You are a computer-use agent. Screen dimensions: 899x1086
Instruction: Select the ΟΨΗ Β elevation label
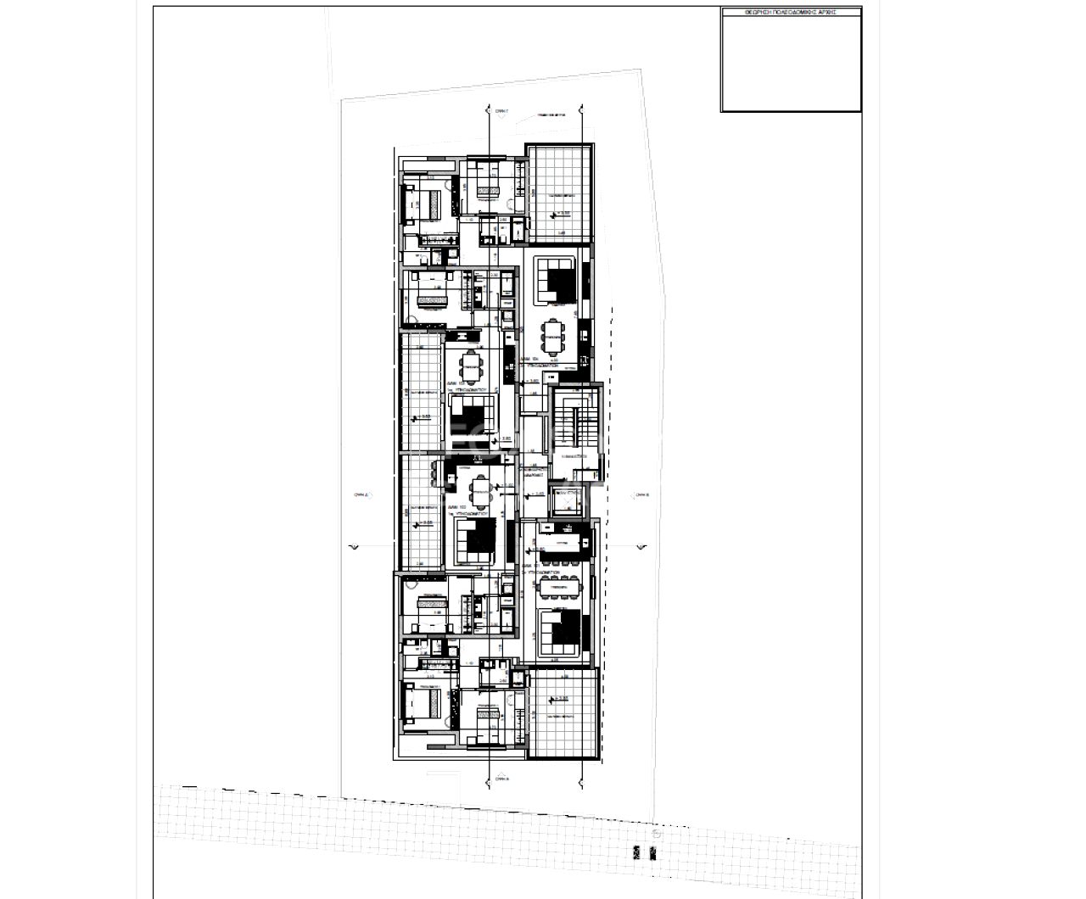[x=641, y=494]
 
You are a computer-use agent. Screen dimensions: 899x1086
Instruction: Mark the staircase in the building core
[x=574, y=424]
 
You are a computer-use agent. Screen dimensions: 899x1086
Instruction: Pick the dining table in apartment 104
[x=553, y=337]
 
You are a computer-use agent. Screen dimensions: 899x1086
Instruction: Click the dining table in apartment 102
[x=481, y=491]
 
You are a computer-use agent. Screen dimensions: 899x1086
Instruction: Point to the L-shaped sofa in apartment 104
[x=557, y=280]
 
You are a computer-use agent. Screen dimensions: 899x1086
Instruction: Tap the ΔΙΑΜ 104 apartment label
[x=531, y=360]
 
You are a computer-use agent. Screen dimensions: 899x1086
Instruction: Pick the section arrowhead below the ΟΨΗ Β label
[x=641, y=547]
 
